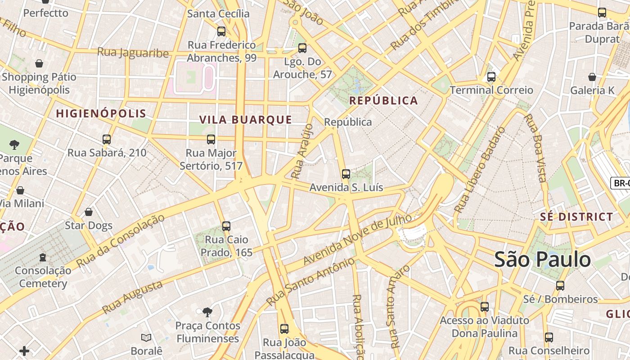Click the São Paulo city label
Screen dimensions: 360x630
[x=542, y=260]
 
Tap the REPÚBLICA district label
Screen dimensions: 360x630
[x=384, y=101]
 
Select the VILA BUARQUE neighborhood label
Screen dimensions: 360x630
[x=246, y=120]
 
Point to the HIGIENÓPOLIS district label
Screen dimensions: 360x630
[x=101, y=113]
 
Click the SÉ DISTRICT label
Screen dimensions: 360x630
[x=576, y=217]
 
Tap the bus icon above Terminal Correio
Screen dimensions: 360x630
[x=491, y=77]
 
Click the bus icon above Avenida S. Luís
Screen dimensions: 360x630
[x=346, y=174]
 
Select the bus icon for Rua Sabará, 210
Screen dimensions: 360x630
[x=107, y=139]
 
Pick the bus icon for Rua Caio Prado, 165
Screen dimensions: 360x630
[x=226, y=226]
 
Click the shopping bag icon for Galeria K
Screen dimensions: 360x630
[x=592, y=77]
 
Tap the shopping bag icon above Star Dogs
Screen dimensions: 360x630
[x=89, y=212]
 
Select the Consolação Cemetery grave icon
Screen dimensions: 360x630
[x=43, y=257]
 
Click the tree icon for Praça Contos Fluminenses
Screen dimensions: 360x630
[x=207, y=312]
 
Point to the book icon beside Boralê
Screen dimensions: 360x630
[x=146, y=337]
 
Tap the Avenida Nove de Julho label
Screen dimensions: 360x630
[x=357, y=239]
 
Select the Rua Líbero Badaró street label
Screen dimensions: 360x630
[x=480, y=170]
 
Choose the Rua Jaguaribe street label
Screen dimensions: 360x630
[x=133, y=53]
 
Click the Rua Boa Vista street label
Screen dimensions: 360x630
[x=536, y=148]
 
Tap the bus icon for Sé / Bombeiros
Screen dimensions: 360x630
[x=560, y=286]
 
